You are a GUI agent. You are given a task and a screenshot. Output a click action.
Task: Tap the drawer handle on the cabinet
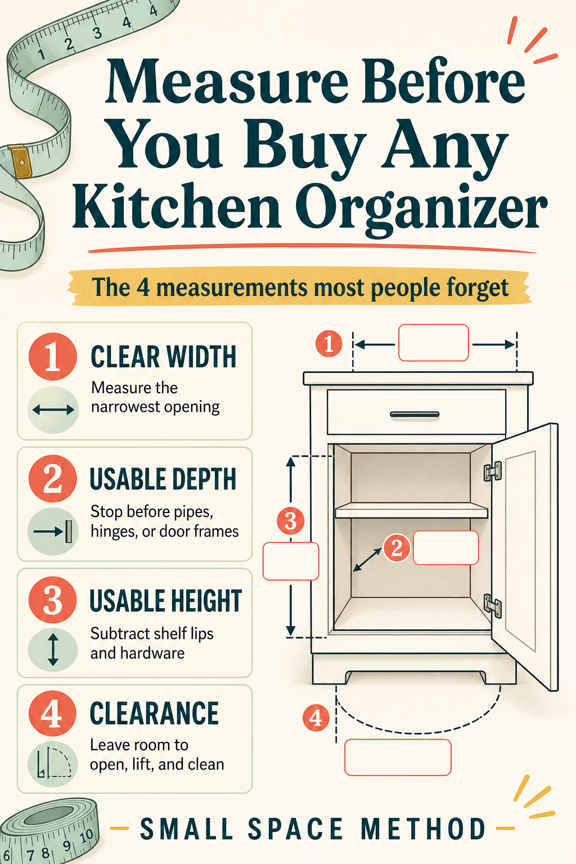(x=415, y=415)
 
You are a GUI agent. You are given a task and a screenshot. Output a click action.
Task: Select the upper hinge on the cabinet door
(x=493, y=471)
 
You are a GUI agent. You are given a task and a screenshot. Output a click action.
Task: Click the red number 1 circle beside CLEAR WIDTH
(x=52, y=357)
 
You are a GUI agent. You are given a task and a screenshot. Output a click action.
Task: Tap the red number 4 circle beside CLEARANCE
(x=52, y=713)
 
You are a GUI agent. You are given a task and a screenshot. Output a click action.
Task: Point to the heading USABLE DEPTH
(x=163, y=479)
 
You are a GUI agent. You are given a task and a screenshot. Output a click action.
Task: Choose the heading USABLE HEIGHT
(x=166, y=601)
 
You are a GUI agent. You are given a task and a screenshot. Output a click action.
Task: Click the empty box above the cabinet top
(x=434, y=343)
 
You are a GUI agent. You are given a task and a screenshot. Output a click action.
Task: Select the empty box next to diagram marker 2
(x=445, y=548)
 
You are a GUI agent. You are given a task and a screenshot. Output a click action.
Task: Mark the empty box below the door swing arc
(x=398, y=757)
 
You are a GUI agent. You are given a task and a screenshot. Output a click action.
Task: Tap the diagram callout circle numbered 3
(x=290, y=521)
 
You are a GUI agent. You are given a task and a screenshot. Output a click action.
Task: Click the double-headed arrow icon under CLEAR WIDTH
(x=53, y=410)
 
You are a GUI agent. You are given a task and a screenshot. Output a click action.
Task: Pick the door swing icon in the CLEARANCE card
(x=54, y=762)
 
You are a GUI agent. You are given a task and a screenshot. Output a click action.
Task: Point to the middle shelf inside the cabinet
(x=412, y=510)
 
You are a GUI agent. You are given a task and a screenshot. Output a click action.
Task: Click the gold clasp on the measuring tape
(x=20, y=161)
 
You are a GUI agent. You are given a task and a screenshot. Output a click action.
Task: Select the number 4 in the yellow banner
(x=143, y=288)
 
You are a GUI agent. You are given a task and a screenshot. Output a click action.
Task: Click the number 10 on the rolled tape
(x=86, y=835)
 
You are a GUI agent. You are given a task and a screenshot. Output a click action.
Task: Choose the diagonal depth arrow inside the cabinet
(x=368, y=560)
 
